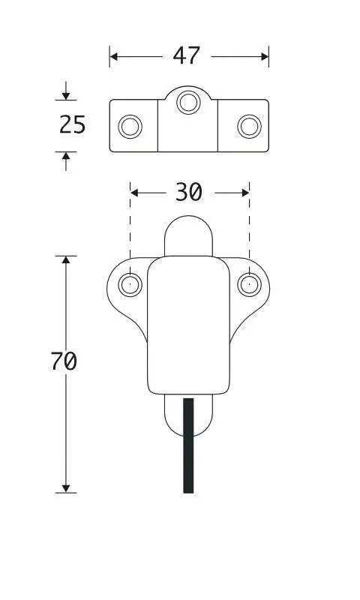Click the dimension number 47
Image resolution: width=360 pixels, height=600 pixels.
pos(186,55)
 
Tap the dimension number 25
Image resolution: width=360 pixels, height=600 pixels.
pos(73,124)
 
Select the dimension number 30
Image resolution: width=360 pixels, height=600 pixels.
pos(188,192)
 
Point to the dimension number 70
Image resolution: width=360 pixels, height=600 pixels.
pos(64,361)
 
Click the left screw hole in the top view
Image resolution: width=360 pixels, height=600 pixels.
pos(130,126)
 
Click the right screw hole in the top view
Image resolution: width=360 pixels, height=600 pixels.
pos(250,126)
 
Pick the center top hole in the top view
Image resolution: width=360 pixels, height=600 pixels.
pos(188,102)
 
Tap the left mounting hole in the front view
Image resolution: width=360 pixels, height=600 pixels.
pos(130,285)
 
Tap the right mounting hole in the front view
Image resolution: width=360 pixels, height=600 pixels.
pos(250,285)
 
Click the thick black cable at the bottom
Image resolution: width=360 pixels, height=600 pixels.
pos(188,445)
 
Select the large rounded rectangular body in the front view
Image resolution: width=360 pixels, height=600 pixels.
pos(188,325)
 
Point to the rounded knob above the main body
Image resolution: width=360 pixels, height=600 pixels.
pos(188,235)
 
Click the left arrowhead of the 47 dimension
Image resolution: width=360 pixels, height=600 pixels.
pos(113,57)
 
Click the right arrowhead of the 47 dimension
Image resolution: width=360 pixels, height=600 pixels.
pos(265,57)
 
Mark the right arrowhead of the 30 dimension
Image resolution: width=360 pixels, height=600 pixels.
pos(245,193)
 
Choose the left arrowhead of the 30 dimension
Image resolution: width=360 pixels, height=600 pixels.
pos(134,193)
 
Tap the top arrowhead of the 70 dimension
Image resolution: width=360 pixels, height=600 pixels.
pos(66,259)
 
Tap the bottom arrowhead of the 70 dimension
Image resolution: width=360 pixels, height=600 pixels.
pos(66,489)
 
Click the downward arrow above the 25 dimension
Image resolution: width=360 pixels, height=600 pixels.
pos(66,91)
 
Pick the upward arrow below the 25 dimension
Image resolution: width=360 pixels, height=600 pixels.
pos(66,161)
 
